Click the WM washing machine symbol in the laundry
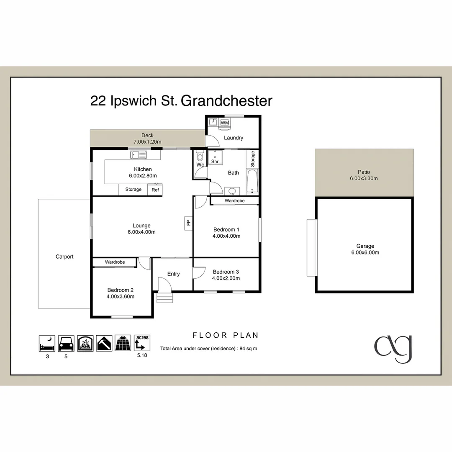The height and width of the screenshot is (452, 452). click(x=225, y=122)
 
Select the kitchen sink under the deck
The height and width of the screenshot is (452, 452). click(x=138, y=155)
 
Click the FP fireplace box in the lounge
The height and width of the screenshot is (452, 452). click(x=188, y=222)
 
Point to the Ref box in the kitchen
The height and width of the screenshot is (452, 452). click(x=155, y=190)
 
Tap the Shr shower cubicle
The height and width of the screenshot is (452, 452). click(x=215, y=157)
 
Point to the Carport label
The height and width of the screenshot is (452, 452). click(x=64, y=257)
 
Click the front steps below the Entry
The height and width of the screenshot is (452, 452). click(x=164, y=298)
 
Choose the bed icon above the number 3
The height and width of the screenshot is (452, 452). click(x=47, y=343)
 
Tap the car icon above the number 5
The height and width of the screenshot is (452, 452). click(x=66, y=343)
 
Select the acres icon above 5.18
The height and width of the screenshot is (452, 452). click(x=141, y=343)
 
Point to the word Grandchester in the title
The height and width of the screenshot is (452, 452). click(x=226, y=101)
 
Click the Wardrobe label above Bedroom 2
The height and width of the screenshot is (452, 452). click(x=115, y=262)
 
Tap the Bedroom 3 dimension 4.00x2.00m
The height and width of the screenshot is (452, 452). click(x=226, y=278)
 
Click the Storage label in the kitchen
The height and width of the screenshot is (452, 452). click(x=134, y=190)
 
